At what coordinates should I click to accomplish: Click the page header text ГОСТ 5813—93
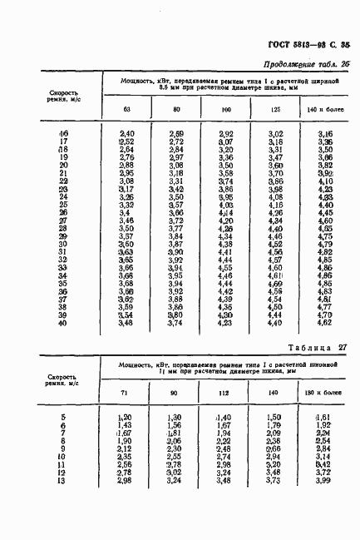pyautogui.click(x=298, y=47)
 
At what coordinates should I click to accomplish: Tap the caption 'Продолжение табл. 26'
pyautogui.click(x=306, y=65)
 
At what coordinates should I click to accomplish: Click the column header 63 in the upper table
pyautogui.click(x=126, y=111)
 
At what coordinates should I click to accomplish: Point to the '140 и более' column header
pyautogui.click(x=325, y=111)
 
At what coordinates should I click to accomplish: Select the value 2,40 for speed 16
pyautogui.click(x=127, y=133)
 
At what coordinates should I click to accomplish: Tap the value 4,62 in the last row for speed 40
pyautogui.click(x=325, y=324)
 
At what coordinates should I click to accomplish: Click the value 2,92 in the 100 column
pyautogui.click(x=225, y=133)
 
